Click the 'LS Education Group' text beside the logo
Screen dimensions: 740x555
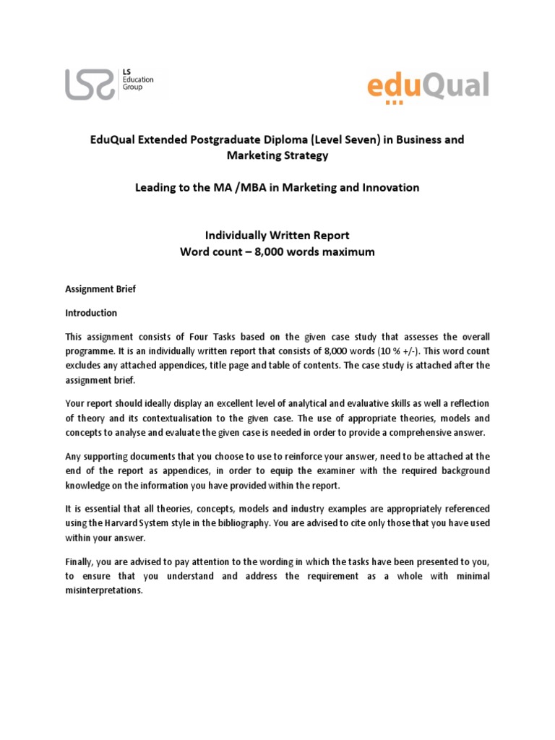133,80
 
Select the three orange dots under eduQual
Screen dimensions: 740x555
395,103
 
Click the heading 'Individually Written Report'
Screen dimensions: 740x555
277,236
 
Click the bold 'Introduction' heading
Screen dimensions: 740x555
90,314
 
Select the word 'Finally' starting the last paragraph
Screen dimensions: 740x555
79,562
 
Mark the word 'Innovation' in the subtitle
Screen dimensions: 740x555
391,187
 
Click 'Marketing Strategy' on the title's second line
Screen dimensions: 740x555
277,155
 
